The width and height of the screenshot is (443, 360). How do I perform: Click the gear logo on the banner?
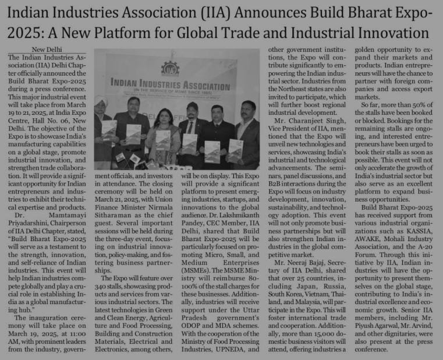click(170, 68)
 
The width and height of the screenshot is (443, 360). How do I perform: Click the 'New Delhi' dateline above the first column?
click(49, 50)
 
